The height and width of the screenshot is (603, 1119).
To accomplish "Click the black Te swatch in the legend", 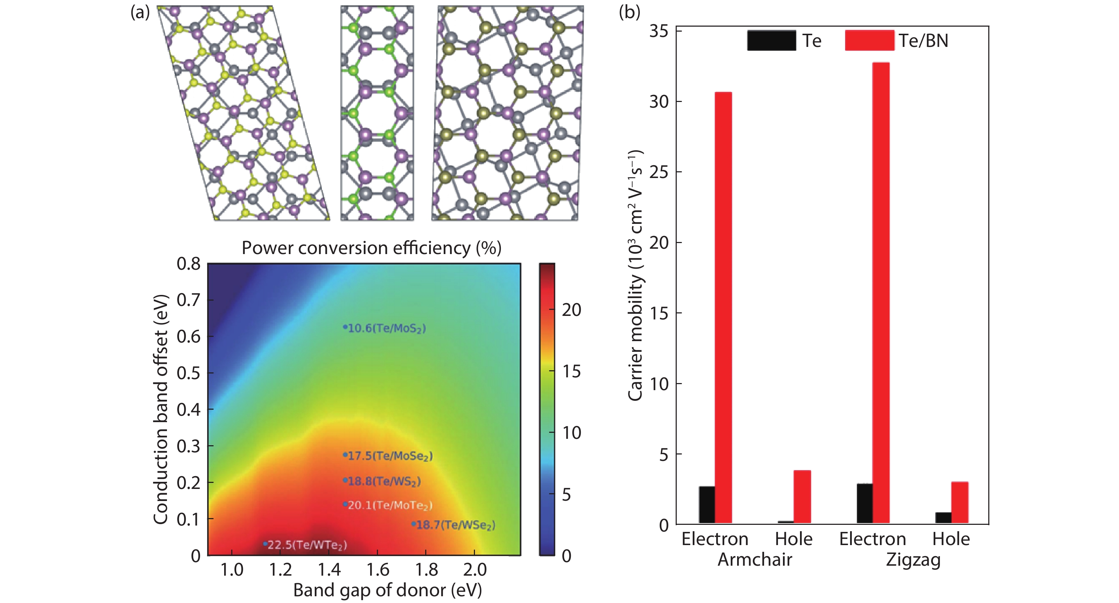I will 772,41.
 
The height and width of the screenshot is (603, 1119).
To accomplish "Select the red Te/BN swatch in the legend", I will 869,41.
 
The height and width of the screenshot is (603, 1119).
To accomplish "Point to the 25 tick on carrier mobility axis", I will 659,172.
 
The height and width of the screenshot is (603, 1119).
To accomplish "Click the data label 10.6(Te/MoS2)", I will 386,328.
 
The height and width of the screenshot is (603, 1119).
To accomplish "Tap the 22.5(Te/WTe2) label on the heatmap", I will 307,545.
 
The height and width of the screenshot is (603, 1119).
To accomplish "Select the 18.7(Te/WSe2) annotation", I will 455,525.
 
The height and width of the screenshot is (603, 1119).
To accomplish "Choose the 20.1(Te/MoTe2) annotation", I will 390,505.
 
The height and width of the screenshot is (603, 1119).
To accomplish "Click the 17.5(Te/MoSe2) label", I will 390,456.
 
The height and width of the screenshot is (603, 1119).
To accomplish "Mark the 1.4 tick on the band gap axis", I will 329,570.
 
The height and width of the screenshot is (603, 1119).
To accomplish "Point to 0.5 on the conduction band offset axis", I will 189,373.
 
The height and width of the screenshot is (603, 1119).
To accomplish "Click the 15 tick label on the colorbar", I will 571,371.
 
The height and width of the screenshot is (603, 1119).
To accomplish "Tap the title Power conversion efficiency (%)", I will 372,248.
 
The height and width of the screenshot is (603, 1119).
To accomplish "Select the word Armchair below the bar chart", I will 755,560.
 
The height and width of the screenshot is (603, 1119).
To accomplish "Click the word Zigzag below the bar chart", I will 913,560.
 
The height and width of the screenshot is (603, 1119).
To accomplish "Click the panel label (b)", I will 629,12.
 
